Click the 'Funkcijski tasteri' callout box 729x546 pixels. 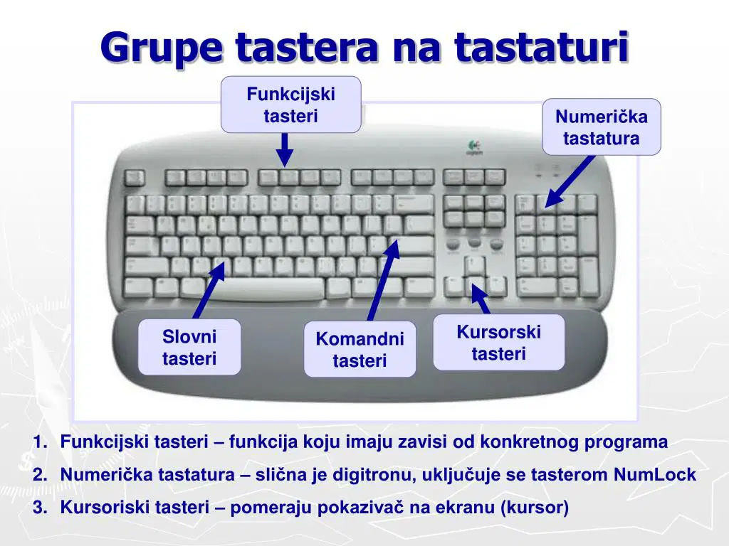[x=290, y=105]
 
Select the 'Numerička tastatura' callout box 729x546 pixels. [x=601, y=127]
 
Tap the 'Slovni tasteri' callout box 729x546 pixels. [x=189, y=347]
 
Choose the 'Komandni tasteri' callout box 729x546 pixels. [x=360, y=348]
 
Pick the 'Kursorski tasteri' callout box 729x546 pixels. [x=498, y=342]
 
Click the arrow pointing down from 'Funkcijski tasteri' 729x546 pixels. [x=285, y=150]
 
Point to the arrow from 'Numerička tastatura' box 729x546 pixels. [x=570, y=181]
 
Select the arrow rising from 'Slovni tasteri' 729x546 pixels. [x=209, y=291]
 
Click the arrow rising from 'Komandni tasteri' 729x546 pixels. [x=384, y=280]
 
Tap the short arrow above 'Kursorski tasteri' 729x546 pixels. [x=481, y=299]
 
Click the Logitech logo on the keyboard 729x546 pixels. [x=474, y=148]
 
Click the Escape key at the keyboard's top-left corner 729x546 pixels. [x=135, y=178]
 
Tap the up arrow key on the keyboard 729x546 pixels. [x=475, y=266]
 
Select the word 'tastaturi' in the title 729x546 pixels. [x=542, y=47]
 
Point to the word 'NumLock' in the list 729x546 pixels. [x=655, y=474]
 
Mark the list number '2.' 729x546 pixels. [x=40, y=474]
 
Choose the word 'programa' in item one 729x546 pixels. [x=626, y=442]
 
